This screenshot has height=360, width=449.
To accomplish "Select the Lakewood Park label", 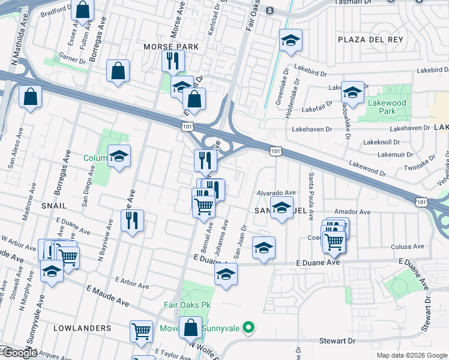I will pyautogui.click(x=387, y=107).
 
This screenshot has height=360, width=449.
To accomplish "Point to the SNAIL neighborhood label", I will pyautogui.click(x=54, y=205).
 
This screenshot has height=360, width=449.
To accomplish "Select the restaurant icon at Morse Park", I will pyautogui.click(x=172, y=60).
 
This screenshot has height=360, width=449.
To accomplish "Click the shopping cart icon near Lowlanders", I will pyautogui.click(x=141, y=330).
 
